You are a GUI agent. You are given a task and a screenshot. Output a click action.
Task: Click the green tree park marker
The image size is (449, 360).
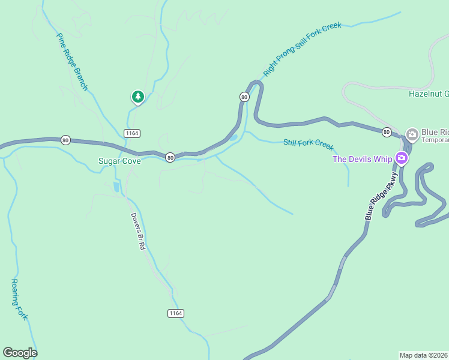coord(138,97)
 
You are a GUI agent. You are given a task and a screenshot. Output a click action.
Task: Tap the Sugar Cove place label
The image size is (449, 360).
coord(119,161)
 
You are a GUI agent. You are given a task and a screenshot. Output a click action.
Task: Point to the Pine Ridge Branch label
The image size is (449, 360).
coord(73,62)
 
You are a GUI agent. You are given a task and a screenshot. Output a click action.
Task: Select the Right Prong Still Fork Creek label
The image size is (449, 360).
coord(302,49)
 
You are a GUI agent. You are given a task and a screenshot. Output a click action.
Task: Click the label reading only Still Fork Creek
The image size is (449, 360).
coord(308,144)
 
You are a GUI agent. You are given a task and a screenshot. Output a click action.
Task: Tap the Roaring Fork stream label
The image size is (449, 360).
coord(19,299)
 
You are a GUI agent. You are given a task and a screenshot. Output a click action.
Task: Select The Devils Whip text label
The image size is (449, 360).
coord(363,159)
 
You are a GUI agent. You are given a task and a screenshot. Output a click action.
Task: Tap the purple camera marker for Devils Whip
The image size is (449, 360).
coord(401,158)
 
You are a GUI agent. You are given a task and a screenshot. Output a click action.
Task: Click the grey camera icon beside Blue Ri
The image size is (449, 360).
coord(412,134)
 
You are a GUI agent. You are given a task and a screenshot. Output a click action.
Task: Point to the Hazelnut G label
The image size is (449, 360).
coord(429,94)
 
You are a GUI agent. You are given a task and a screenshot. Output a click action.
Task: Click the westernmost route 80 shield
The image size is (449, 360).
coord(65,140)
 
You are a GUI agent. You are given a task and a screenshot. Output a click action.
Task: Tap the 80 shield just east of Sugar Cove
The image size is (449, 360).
coord(170,157)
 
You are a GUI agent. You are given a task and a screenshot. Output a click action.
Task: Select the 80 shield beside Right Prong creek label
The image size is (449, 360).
coord(244,97)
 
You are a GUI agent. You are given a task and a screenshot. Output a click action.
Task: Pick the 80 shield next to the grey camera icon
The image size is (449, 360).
coord(387,131)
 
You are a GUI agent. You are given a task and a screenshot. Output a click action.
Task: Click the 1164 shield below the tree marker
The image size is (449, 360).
coord(132,132)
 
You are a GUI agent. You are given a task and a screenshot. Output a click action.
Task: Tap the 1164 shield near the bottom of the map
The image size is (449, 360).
coord(175,313)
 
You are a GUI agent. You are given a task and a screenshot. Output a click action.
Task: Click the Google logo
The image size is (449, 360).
coord(20,353)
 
